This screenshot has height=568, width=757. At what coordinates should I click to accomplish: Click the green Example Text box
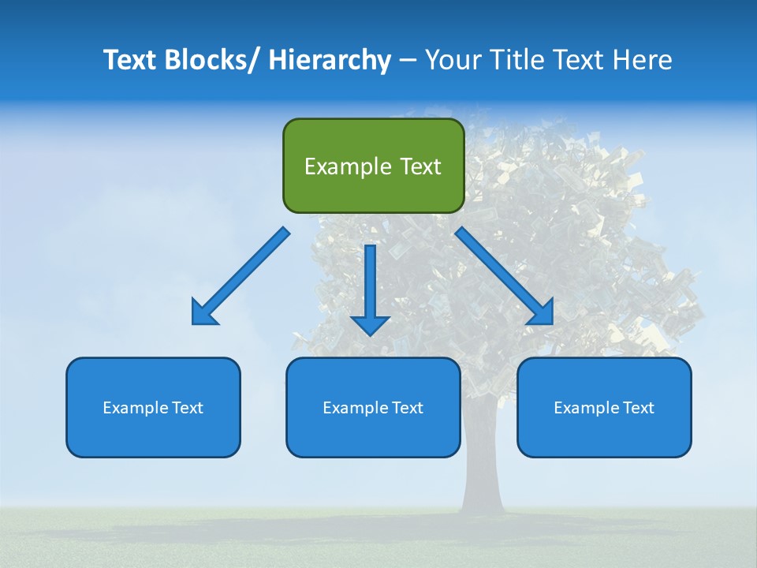(x=373, y=166)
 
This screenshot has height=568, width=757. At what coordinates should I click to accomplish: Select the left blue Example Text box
(x=153, y=407)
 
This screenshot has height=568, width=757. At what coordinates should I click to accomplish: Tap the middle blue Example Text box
(x=373, y=407)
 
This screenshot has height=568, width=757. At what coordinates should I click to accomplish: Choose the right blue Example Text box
(x=604, y=407)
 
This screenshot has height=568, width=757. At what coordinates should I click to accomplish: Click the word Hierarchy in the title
(x=330, y=60)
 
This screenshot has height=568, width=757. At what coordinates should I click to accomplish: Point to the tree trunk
(x=483, y=473)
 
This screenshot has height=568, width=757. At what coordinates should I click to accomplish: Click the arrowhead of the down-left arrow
(x=203, y=312)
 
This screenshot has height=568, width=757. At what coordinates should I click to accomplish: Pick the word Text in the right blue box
(x=637, y=407)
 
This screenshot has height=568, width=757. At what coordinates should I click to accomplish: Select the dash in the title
(x=408, y=60)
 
